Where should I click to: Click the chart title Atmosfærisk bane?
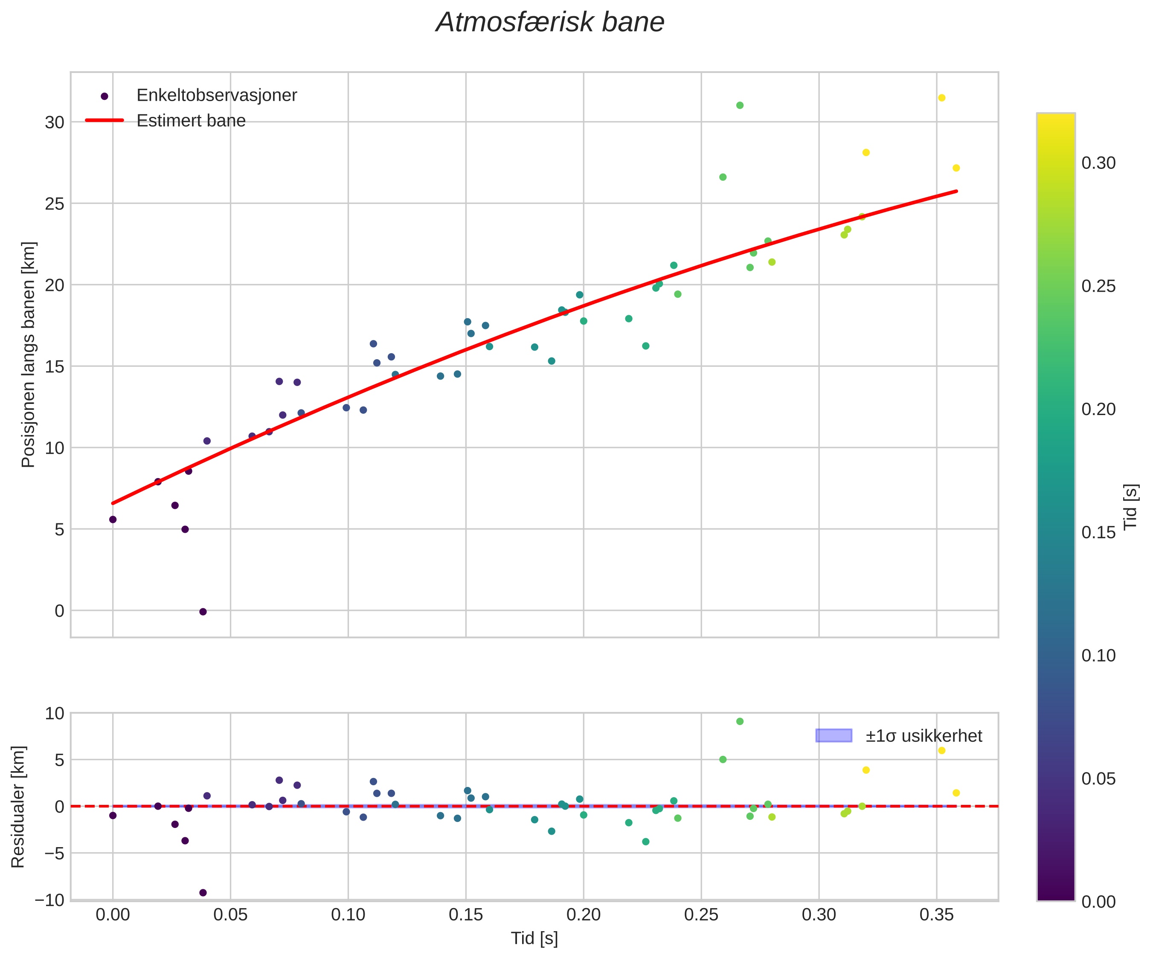coord(550,23)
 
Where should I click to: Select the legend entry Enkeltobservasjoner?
coord(216,95)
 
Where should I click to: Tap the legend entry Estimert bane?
coord(191,121)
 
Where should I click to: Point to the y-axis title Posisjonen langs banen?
coord(29,354)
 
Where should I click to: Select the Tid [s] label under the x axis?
coord(534,938)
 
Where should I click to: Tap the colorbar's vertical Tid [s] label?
coord(1130,507)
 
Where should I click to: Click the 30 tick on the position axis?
coord(54,122)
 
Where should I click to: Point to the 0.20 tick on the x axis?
coord(583,915)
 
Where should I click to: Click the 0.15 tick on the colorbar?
coord(1098,532)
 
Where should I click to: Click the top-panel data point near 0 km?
coord(203,612)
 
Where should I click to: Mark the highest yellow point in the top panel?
coord(941,98)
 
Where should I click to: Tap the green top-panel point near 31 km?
coord(739,105)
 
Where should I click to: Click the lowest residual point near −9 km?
coord(203,893)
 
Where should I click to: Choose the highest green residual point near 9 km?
coord(739,721)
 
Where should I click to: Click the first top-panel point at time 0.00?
coord(113,519)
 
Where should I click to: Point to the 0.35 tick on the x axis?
coord(936,915)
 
